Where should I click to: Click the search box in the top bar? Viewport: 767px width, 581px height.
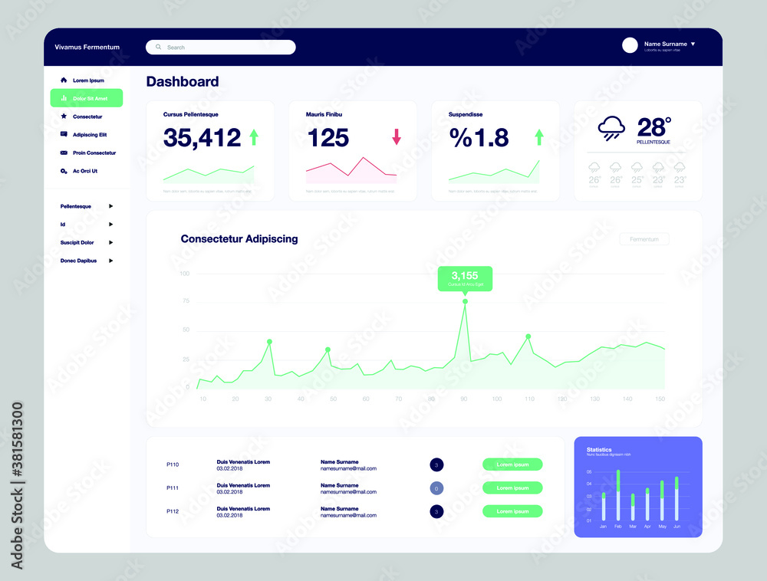point(221,48)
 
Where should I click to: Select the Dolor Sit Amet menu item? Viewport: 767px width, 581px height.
point(87,98)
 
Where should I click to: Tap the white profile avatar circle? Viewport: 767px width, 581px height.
point(630,45)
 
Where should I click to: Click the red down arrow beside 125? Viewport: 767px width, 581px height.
point(397,137)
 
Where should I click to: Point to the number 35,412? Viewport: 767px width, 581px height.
point(202,138)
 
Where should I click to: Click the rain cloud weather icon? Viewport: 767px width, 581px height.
point(611,128)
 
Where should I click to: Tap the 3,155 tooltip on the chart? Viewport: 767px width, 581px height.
point(465,278)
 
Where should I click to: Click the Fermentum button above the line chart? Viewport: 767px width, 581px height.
point(644,239)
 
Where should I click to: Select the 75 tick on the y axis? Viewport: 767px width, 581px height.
point(184,301)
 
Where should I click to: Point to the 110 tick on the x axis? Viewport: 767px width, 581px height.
point(529,399)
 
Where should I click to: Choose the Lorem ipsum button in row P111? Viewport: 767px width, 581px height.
point(512,487)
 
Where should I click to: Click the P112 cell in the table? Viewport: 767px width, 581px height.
point(173,511)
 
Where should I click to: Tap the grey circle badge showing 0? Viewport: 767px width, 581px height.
point(436,488)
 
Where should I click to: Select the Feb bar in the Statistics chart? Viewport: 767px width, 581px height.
point(618,495)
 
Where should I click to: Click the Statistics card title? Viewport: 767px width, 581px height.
point(599,450)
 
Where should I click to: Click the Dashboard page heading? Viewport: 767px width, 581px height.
point(183,81)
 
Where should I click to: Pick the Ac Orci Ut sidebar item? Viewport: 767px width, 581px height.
point(84,171)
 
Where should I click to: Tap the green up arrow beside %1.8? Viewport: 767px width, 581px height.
point(539,137)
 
